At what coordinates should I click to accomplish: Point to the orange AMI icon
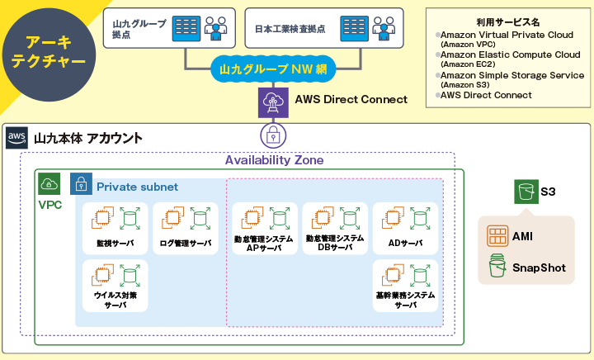(x=497, y=236)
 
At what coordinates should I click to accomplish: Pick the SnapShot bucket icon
(x=497, y=267)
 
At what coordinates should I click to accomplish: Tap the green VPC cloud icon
(x=49, y=184)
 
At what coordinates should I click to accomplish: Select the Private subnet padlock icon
(x=81, y=184)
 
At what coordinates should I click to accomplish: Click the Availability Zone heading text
(x=274, y=160)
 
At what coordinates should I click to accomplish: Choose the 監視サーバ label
(x=115, y=244)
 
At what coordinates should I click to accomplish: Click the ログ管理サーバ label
(x=186, y=244)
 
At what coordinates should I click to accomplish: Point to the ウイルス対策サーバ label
(x=115, y=300)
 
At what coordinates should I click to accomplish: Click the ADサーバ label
(x=404, y=244)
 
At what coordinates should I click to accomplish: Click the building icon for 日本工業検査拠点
(x=352, y=28)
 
